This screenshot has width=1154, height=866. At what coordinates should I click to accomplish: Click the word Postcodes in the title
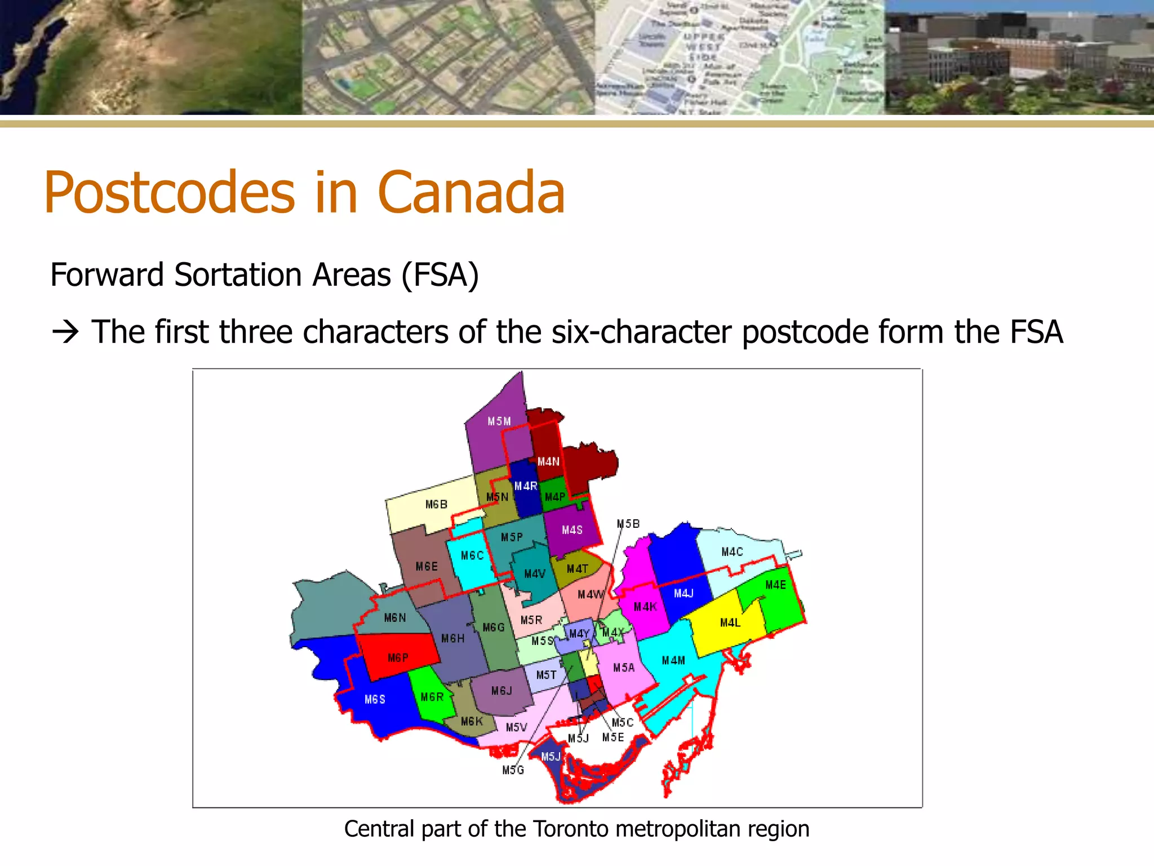coord(170,193)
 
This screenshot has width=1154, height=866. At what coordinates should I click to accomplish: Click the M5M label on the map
coord(499,422)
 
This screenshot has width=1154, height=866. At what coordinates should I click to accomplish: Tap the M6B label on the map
coord(436,505)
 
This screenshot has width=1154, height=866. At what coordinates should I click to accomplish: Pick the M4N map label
coord(548,462)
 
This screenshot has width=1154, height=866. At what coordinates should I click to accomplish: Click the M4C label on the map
coord(732,552)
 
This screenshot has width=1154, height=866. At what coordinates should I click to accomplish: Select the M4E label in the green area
coord(775,585)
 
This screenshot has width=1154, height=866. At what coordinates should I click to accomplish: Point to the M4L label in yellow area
coord(730,623)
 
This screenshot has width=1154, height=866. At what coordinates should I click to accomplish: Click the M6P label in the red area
coord(398,658)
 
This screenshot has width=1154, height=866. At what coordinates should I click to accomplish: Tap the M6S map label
coord(375,700)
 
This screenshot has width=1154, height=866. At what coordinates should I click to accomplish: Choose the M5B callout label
coord(628,524)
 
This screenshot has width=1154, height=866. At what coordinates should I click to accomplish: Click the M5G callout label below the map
coord(513,770)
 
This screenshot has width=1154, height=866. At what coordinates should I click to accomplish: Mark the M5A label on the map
coord(624,668)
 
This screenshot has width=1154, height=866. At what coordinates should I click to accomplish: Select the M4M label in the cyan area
coord(673,660)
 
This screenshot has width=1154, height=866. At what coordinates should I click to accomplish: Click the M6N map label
coord(395,618)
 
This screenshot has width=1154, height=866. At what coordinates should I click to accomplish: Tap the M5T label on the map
coord(546,675)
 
